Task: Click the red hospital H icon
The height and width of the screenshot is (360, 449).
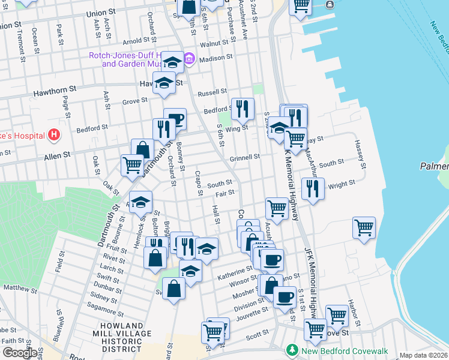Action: click(x=55, y=134)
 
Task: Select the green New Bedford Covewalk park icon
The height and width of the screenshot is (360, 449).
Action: click(x=292, y=349)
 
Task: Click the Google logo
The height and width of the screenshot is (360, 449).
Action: click(x=19, y=353)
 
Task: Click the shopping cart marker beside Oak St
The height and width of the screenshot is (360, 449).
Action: click(x=132, y=164)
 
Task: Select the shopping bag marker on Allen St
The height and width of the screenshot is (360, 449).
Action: click(x=143, y=150)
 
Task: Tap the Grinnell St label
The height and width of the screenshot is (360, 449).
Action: click(x=244, y=157)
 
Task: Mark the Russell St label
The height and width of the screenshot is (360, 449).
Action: click(x=212, y=93)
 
